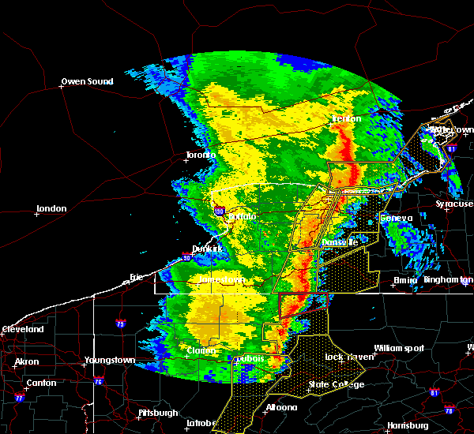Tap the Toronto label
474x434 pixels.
tap(201, 155)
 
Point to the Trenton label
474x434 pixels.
tap(346, 118)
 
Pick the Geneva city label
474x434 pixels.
tap(396, 218)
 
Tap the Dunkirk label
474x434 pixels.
tap(208, 249)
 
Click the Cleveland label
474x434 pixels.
tap(22, 328)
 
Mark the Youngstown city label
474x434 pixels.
tap(111, 361)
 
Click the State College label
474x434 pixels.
tap(337, 384)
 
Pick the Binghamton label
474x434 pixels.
tap(448, 279)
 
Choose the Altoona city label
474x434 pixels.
tap(280, 407)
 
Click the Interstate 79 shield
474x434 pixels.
tap(118, 324)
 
